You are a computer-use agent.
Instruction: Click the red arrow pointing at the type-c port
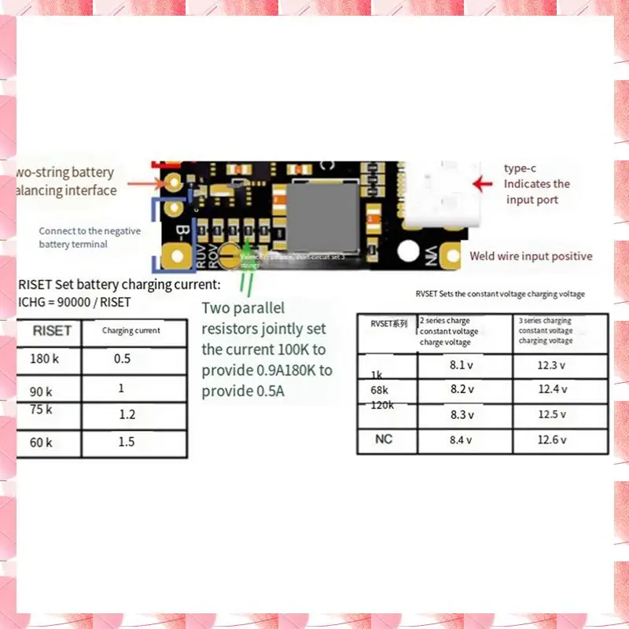pos(483,183)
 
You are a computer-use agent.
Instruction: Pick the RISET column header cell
pos(52,331)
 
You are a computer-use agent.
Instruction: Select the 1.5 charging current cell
pos(127,442)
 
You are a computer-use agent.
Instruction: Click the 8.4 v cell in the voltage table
pos(461,440)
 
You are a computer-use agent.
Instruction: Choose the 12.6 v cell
pos(552,440)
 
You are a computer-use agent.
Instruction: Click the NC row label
pos(384,439)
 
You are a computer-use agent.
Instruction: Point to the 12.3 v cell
pos(552,365)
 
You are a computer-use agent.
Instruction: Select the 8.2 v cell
pos(462,389)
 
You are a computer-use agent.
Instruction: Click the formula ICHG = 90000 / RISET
pos(74,302)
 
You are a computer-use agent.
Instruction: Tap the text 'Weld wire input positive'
pos(531,256)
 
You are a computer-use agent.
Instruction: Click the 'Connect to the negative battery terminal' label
pos(90,237)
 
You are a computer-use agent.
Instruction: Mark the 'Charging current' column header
pos(131,331)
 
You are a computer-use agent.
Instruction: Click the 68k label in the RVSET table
pos(378,389)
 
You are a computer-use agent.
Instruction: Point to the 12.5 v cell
pos(552,414)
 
